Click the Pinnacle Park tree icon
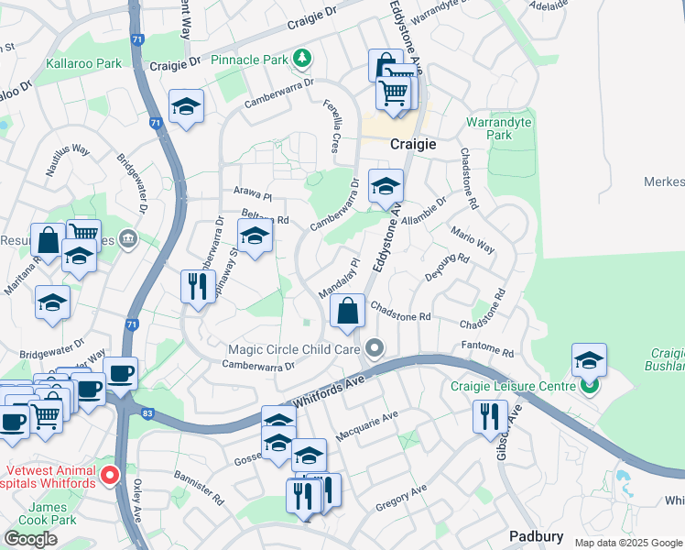coord(302,60)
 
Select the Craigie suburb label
coord(412,144)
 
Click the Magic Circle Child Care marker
coord(374,348)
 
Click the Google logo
coord(30,539)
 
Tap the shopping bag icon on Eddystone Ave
coord(348,311)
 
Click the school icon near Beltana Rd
coord(256,236)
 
